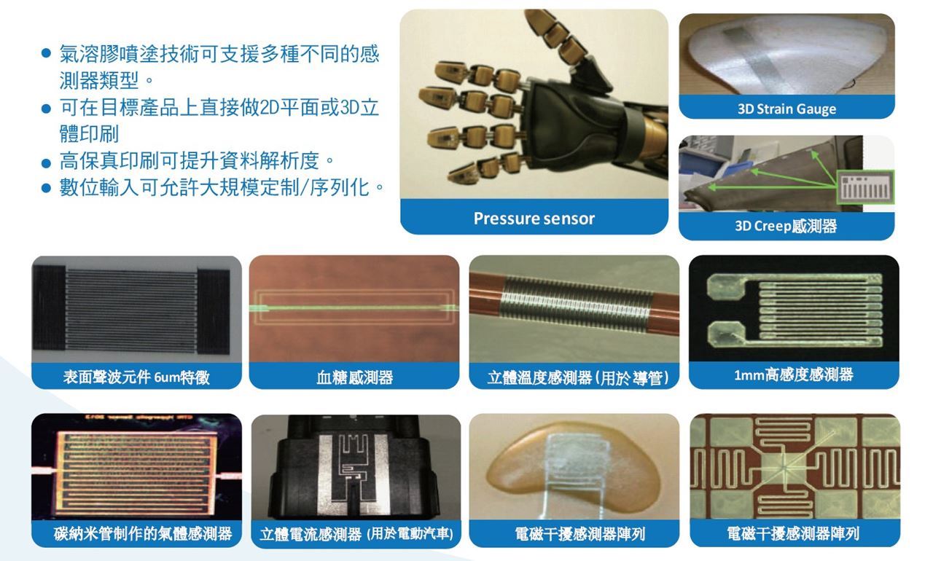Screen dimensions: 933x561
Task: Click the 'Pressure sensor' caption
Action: pyautogui.click(x=534, y=219)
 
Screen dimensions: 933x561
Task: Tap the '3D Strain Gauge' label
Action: pyautogui.click(x=786, y=109)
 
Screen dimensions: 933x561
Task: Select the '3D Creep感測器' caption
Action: pyautogui.click(x=786, y=226)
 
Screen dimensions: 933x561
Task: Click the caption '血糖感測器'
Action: pyautogui.click(x=354, y=377)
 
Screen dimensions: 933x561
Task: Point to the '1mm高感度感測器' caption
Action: pyautogui.click(x=794, y=375)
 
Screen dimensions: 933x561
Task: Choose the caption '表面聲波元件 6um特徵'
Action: pyautogui.click(x=136, y=377)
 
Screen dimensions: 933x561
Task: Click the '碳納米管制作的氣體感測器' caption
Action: pyautogui.click(x=142, y=533)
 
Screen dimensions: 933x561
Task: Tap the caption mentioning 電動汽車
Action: pyautogui.click(x=356, y=534)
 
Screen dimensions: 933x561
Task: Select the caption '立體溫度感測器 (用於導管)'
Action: pyautogui.click(x=578, y=377)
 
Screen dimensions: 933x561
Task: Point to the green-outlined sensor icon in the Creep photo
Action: pyautogui.click(x=865, y=187)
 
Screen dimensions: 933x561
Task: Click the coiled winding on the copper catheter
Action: pyautogui.click(x=577, y=304)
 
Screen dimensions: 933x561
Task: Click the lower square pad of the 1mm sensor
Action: pyautogui.click(x=725, y=334)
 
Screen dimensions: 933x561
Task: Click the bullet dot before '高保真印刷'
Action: pyautogui.click(x=46, y=163)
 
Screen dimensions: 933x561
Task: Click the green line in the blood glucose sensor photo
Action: pyautogui.click(x=354, y=308)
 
